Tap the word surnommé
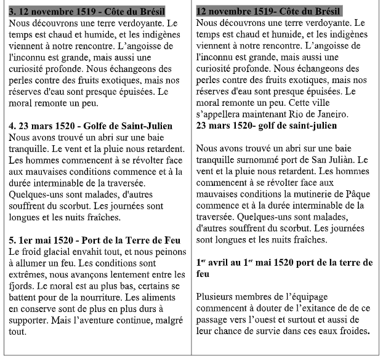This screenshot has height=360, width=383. pyautogui.click(x=257, y=160)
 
